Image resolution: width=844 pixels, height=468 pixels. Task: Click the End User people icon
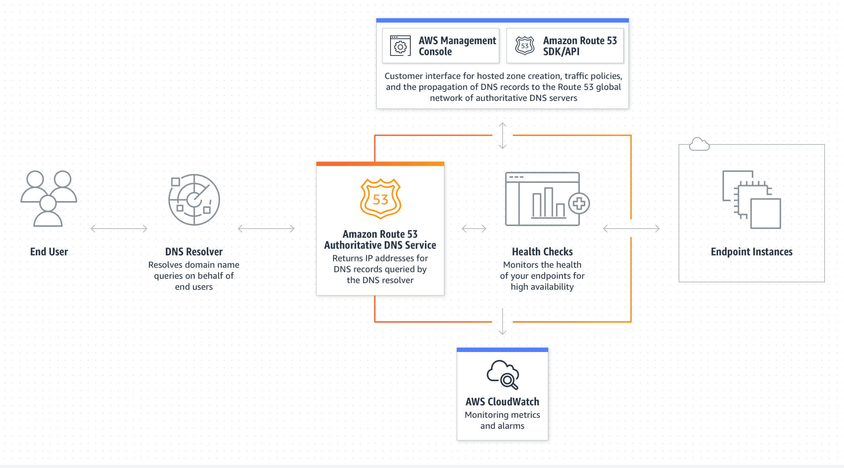49,198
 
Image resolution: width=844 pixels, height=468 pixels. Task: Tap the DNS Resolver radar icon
194,200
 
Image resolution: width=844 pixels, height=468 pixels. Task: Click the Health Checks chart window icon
543,199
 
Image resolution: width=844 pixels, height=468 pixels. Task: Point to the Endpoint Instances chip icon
751,200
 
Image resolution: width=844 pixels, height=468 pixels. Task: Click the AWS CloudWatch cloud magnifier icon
503,375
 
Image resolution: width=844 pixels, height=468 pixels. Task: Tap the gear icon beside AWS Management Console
400,46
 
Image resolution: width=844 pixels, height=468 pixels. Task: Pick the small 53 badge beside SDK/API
525,46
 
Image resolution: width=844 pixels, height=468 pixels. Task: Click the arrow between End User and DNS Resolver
119,228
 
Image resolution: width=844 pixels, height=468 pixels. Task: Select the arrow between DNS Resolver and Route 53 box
266,228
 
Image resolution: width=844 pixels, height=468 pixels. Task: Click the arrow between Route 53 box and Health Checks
474,228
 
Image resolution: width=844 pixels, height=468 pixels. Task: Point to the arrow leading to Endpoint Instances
631,228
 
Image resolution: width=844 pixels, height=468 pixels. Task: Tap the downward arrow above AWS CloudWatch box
503,322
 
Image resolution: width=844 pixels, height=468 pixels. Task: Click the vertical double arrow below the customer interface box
503,135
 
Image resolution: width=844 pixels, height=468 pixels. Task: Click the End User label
49,252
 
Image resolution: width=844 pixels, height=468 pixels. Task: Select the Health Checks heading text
542,252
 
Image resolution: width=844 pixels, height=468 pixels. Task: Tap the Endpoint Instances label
751,252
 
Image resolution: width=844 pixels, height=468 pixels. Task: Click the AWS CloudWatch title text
502,402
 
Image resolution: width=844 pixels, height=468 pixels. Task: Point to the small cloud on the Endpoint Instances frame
699,144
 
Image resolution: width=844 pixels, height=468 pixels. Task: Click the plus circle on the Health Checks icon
579,204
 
